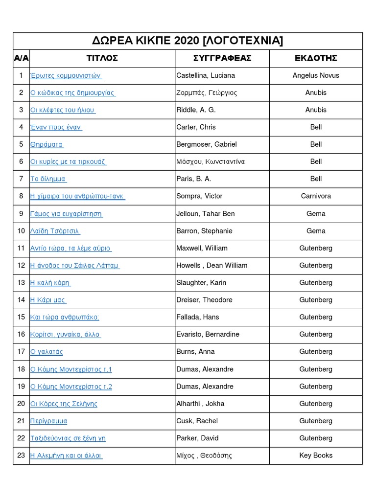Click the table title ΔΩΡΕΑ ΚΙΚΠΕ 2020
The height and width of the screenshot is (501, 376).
[188, 41]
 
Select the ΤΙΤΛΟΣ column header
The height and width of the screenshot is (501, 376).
[102, 58]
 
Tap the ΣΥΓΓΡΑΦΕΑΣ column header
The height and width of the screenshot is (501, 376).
[222, 58]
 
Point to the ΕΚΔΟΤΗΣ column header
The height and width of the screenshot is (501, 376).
[316, 58]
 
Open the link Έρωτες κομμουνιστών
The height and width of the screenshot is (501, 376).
[66, 75]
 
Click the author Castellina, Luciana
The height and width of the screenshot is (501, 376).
[206, 75]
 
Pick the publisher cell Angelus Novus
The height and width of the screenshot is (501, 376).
[316, 75]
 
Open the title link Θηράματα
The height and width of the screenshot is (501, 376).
[47, 144]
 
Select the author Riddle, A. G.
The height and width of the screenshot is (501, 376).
[196, 110]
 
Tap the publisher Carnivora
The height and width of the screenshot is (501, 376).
[316, 196]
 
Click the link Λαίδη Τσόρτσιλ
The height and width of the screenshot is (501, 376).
[55, 231]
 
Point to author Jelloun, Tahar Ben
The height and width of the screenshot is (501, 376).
[206, 214]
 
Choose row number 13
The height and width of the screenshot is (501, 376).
[21, 283]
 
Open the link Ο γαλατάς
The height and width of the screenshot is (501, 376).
[47, 352]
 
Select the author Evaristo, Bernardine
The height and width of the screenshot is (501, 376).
[208, 335]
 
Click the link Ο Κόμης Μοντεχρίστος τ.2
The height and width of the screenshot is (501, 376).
[71, 387]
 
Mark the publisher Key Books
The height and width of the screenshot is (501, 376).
[316, 455]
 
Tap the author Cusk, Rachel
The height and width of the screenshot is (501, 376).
[197, 421]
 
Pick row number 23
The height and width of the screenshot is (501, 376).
[21, 455]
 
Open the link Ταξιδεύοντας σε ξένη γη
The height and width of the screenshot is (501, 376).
[68, 438]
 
